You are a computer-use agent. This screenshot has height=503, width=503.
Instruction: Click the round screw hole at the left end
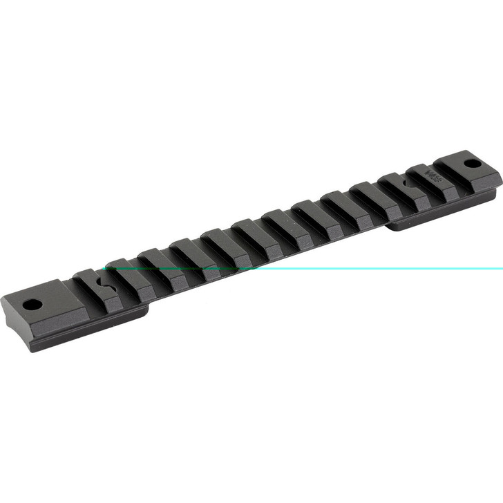point(30,304)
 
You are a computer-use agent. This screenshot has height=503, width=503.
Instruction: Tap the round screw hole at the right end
point(473,164)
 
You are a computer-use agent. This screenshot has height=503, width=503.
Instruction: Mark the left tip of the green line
point(104,268)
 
